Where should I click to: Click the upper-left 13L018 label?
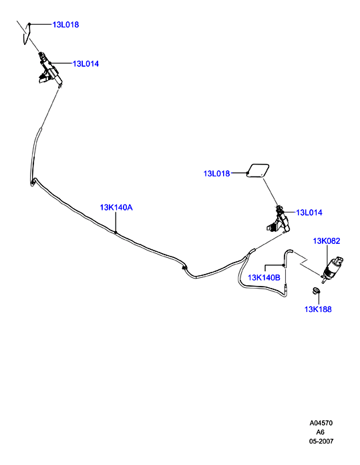pos(65,25)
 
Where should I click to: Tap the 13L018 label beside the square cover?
pos(216,174)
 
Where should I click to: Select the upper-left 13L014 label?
pos(85,63)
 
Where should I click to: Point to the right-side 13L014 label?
pos(309,212)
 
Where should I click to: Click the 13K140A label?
pos(116,208)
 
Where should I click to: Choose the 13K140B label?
pos(264,278)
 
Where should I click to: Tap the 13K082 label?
pos(327,241)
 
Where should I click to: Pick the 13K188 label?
pos(318,309)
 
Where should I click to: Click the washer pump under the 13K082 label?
pos(331,269)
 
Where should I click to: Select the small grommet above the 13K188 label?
pos(317,291)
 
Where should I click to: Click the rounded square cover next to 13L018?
pos(258,170)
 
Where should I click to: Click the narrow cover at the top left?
pos(27,34)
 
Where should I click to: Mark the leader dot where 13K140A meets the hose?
pos(116,232)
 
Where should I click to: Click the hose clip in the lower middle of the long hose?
pos(184,268)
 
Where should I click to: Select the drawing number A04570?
pos(321,423)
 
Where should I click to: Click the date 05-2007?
pos(321,441)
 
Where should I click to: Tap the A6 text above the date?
pos(321,432)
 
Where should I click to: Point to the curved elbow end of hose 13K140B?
pos(287,251)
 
